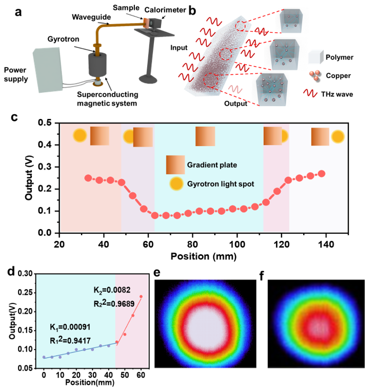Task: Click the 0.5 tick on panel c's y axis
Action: tap(47, 123)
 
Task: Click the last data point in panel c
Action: tap(322, 174)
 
